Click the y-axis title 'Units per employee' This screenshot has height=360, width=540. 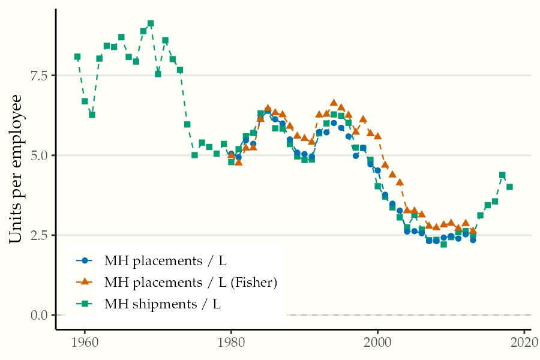click(16, 169)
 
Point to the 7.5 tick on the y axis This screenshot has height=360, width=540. click(40, 76)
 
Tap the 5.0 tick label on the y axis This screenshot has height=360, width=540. click(40, 155)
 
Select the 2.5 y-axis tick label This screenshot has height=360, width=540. click(40, 235)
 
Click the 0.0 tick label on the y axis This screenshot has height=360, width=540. click(40, 315)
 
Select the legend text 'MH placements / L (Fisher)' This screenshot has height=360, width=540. click(191, 282)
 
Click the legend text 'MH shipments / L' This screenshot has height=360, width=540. click(163, 304)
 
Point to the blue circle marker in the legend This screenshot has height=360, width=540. click(85, 260)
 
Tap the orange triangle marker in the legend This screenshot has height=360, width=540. click(85, 282)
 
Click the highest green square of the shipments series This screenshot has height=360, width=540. click(151, 23)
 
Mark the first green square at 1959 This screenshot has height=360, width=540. click(77, 57)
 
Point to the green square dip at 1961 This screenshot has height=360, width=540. click(92, 115)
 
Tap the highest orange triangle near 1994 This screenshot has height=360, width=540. click(334, 103)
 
